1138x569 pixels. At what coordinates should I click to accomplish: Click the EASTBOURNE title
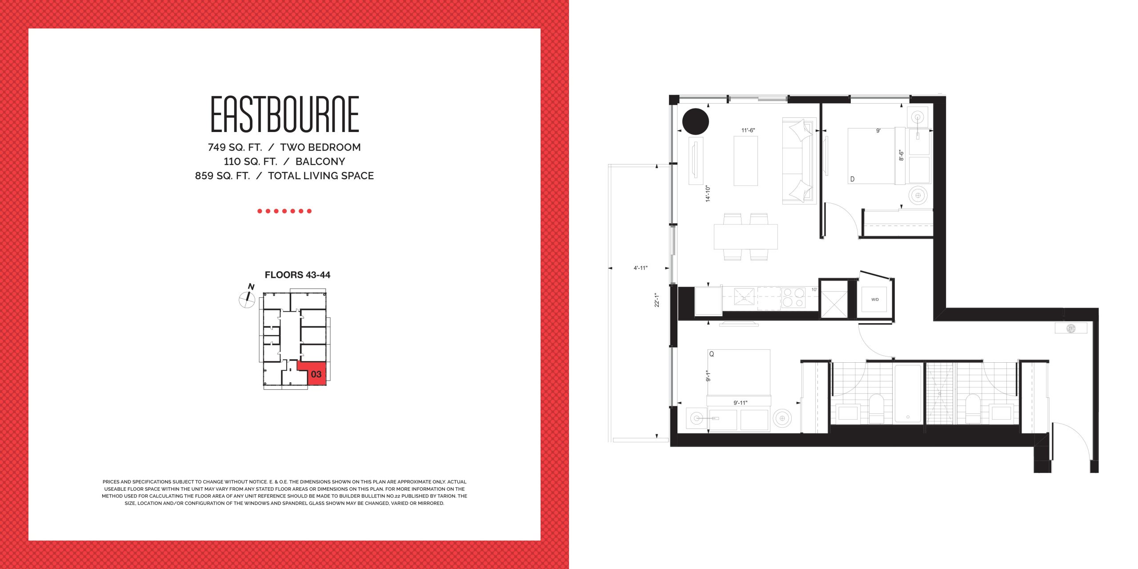point(284,114)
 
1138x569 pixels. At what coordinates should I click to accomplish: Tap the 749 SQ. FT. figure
point(235,147)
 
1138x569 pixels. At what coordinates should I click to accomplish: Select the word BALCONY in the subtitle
point(320,161)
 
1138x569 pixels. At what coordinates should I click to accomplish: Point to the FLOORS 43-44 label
point(297,275)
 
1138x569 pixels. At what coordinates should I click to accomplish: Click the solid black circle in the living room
point(695,121)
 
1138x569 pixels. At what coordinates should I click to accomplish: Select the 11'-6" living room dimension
point(748,130)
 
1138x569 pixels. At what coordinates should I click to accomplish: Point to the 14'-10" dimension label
point(708,194)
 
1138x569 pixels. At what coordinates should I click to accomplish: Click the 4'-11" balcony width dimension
point(641,268)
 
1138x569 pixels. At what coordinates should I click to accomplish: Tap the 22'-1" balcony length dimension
point(657,300)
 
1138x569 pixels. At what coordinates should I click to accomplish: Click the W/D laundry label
point(875,300)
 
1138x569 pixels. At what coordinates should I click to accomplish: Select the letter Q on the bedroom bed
point(712,354)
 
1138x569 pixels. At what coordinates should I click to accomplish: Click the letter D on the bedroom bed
point(852,179)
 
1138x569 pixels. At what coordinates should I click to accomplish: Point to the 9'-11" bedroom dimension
point(741,403)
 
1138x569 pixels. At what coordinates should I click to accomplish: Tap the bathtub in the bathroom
point(908,394)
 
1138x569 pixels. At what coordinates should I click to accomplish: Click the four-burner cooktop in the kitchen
point(793,298)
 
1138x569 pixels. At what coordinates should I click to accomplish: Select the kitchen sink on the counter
point(744,297)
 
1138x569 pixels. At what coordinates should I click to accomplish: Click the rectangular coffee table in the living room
point(745,160)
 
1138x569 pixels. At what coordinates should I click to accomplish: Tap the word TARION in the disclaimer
point(446,496)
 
